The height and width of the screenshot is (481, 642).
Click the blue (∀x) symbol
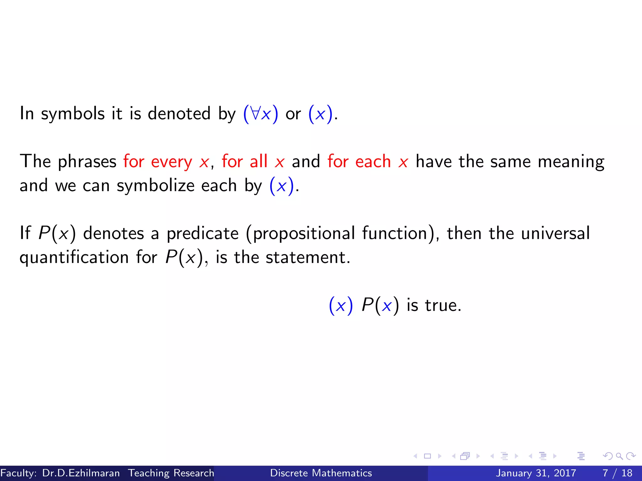pos(260,114)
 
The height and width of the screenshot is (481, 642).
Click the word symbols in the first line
pos(73,114)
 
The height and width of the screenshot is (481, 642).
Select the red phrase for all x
pos(253,162)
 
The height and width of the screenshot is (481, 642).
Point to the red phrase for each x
pos(368,162)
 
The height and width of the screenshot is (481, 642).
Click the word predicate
pos(203,234)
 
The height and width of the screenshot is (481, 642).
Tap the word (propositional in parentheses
pos(301,234)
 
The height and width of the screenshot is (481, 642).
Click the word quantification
pos(74,258)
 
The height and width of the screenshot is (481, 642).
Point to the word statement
pos(308,258)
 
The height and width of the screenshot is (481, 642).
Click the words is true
pos(434,305)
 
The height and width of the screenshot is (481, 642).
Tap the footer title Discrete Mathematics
pos(321,473)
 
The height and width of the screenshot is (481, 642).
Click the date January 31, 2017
pos(536,473)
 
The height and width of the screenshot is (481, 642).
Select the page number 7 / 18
pos(617,473)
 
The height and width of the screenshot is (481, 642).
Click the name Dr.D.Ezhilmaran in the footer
pos(81,473)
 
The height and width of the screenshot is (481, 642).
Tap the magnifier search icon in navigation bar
pos(619,456)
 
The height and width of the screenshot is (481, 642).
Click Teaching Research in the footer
pos(171,473)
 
